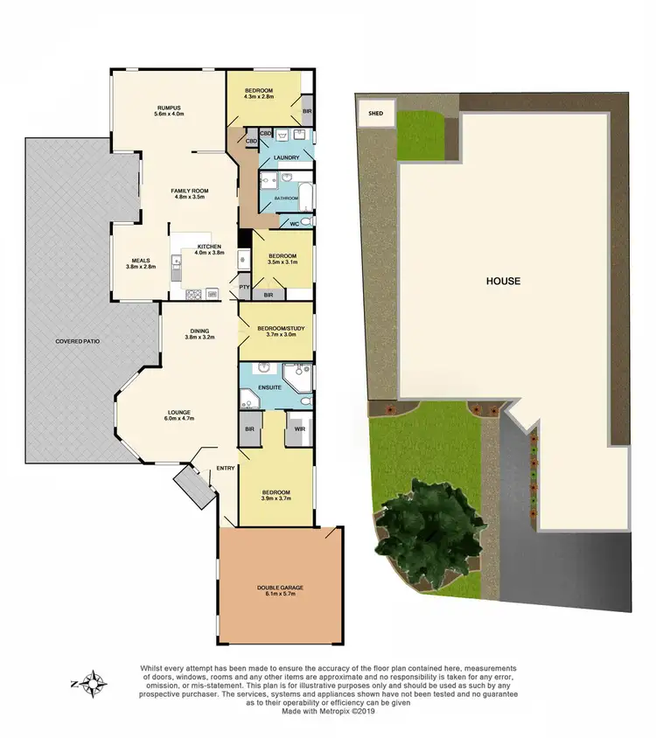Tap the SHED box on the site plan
tap(375, 113)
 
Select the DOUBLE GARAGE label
tap(279, 588)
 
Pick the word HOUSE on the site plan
tap(503, 282)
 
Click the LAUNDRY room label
tap(287, 157)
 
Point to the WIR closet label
tap(299, 429)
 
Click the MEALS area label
tap(140, 260)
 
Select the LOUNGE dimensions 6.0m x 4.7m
tap(178, 419)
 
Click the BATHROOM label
tap(286, 198)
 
